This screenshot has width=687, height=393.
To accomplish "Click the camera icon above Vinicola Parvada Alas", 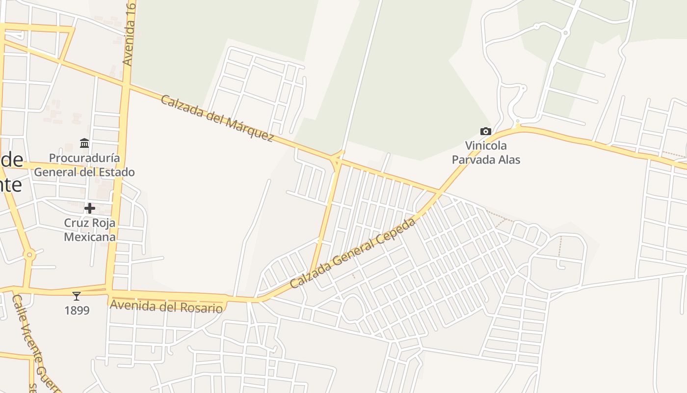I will [x=485, y=131].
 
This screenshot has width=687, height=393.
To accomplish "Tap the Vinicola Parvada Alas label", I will [x=486, y=153].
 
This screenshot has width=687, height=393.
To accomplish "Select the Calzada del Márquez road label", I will [x=217, y=118].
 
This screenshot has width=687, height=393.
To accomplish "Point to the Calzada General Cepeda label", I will [x=352, y=253].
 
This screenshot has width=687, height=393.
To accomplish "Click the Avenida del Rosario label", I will [x=166, y=307].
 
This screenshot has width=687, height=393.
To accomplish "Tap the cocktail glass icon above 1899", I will [x=77, y=296].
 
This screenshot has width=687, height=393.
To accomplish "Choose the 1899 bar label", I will [x=77, y=310].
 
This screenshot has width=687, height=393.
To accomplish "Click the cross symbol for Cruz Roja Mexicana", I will [x=89, y=208].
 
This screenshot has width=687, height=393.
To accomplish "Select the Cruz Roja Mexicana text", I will [x=90, y=230].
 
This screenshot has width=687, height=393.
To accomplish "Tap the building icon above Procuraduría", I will [x=84, y=143].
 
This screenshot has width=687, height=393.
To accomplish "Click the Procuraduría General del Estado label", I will [x=84, y=165].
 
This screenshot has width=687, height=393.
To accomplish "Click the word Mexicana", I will [x=90, y=237].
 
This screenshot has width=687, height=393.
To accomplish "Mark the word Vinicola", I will [x=486, y=146].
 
